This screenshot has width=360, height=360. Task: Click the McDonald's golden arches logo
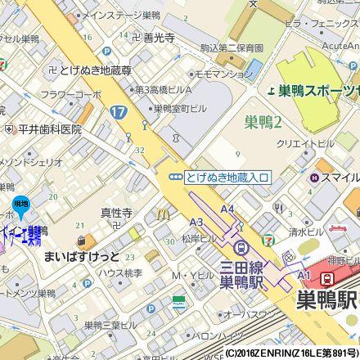(x=164, y=214)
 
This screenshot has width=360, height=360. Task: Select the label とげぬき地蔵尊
(x=95, y=70)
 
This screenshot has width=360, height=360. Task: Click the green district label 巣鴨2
(x=263, y=123)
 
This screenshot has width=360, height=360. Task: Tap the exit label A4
(x=227, y=209)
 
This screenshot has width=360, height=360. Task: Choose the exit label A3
(x=196, y=223)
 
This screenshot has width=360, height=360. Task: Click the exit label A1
(x=304, y=275)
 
